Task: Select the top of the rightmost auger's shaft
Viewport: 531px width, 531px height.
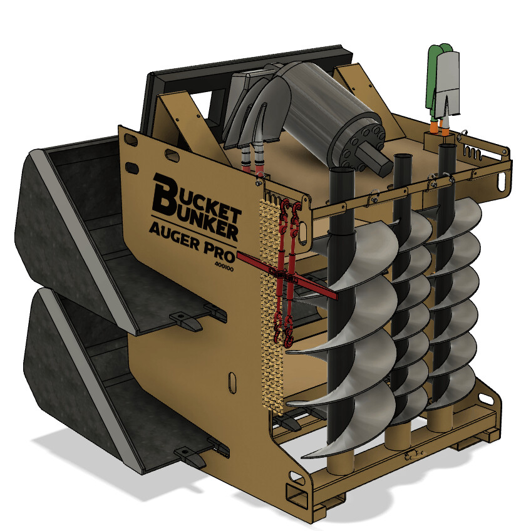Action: point(447,149)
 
